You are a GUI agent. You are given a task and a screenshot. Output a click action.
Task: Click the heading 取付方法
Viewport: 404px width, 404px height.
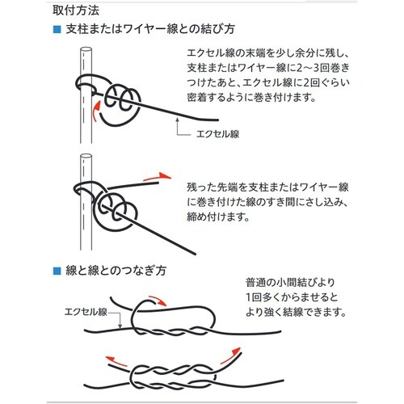(76, 11)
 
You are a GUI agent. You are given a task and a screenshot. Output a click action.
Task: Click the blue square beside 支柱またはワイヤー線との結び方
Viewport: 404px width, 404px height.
(57, 29)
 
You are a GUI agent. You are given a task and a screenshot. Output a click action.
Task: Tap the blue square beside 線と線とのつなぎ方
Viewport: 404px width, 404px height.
(57, 271)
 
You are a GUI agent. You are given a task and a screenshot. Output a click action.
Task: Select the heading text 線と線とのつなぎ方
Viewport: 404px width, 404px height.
(116, 271)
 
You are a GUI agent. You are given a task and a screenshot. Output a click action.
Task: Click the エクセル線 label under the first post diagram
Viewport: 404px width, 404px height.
(217, 134)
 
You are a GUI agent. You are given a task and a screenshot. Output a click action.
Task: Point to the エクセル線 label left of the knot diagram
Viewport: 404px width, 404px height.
(86, 312)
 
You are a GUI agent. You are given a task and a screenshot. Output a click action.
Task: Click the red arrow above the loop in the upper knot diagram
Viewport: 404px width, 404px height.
(158, 301)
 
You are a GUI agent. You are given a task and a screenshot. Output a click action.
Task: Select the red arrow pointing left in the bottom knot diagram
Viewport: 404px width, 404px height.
(116, 361)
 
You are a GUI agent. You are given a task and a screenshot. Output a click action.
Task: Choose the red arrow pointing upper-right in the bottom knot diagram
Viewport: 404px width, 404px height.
(230, 355)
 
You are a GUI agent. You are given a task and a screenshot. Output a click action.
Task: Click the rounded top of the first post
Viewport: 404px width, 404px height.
(86, 50)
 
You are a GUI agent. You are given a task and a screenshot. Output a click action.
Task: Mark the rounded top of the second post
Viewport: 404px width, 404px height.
(86, 157)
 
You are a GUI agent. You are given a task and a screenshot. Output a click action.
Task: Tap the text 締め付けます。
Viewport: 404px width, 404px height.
(219, 217)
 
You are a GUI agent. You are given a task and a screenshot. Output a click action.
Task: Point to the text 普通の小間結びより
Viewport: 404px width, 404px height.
(290, 283)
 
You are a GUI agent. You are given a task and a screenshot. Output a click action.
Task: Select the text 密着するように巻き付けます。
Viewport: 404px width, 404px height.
(252, 98)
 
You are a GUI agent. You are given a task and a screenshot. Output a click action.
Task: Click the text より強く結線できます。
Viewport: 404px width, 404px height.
(296, 312)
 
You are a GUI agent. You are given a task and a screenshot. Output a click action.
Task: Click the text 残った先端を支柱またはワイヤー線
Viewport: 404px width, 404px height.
(267, 187)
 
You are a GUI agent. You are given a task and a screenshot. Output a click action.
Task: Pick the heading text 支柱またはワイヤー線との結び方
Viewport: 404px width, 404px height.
(150, 29)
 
